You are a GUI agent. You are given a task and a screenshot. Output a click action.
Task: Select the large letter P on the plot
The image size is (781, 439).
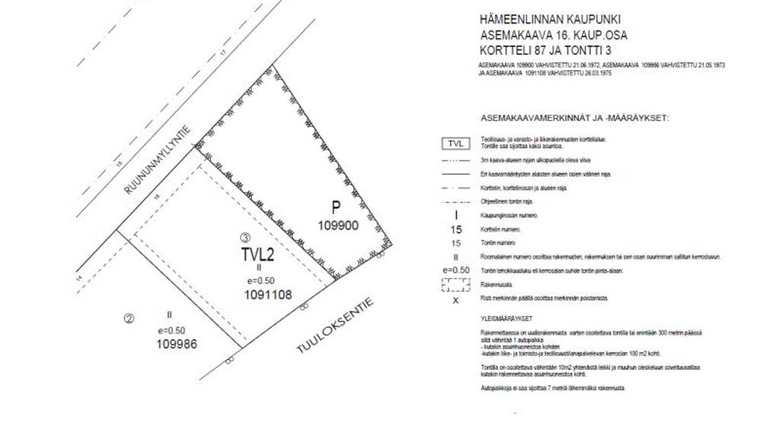tap(335, 207)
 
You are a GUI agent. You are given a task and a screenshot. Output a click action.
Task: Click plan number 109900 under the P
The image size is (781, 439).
tap(338, 225)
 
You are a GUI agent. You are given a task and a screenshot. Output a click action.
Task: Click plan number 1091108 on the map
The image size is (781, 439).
tap(268, 293)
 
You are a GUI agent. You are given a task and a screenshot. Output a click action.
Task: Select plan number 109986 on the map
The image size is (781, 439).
tap(177, 344)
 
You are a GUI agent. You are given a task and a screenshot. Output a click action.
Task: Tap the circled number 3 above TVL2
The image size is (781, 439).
tap(244, 237)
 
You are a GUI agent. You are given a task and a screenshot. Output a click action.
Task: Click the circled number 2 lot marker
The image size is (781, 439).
tap(129, 319)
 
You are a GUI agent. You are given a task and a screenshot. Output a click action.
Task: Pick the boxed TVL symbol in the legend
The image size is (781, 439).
tap(455, 143)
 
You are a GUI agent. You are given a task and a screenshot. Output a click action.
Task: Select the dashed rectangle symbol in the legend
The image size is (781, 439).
tap(455, 284)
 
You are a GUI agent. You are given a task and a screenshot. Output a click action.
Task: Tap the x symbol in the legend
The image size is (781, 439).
tap(455, 300)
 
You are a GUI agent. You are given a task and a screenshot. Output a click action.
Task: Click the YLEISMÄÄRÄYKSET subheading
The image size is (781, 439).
tap(506, 319)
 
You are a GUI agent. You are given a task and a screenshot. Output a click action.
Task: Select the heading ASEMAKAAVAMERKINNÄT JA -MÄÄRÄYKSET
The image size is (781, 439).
tap(575, 118)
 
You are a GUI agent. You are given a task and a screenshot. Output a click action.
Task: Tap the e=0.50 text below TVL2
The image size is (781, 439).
tap(259, 280)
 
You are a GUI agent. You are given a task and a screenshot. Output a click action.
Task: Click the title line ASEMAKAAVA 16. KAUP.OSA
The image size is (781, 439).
tap(554, 34)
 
